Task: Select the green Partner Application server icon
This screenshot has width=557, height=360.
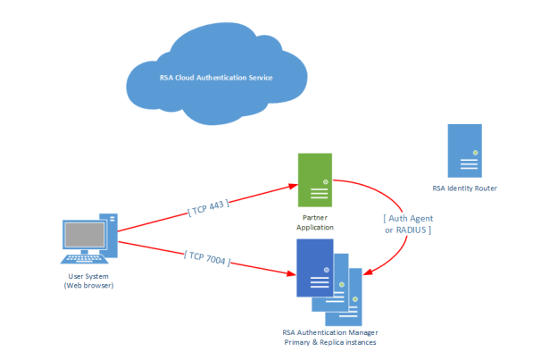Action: [x=315, y=180]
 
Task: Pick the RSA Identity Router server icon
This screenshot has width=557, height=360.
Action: [x=464, y=150]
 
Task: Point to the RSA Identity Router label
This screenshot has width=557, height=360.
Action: [x=464, y=188]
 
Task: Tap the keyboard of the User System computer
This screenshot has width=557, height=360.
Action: [x=86, y=259]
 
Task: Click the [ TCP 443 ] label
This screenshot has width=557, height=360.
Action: [x=209, y=206]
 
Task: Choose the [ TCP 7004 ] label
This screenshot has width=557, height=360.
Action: [x=207, y=258]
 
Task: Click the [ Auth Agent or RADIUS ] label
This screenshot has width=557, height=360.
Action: [x=407, y=224]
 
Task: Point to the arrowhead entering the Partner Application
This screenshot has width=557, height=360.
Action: [x=293, y=187]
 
